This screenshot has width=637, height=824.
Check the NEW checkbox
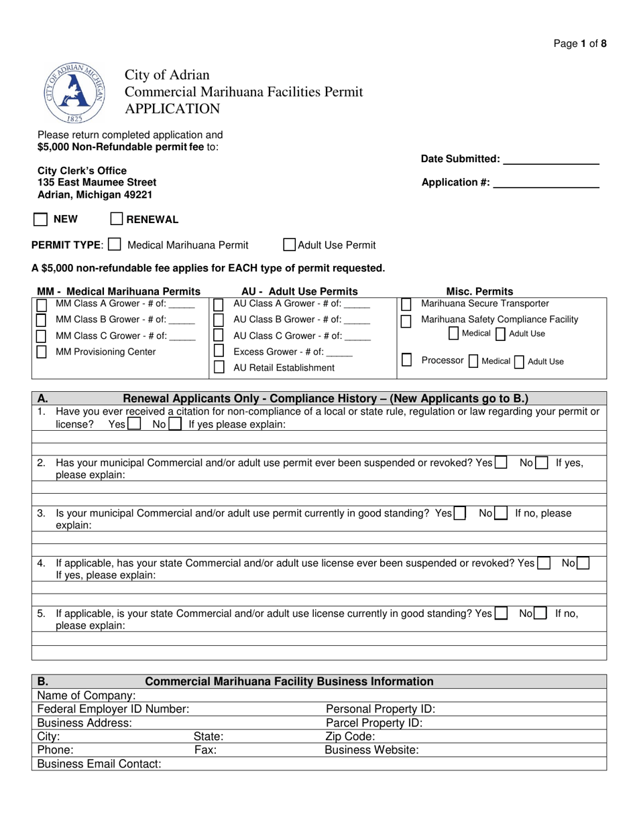(41, 219)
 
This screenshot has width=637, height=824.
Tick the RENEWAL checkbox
(117, 219)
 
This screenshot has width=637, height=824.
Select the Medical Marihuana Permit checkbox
(115, 245)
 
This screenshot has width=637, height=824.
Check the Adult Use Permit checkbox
(290, 245)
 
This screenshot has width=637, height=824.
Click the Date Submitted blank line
(551, 159)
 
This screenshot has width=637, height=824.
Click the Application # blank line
(546, 183)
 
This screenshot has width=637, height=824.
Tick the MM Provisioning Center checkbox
(42, 352)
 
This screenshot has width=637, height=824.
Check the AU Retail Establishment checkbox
(219, 367)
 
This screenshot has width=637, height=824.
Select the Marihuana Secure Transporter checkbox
(406, 305)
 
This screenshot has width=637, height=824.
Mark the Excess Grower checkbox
(219, 351)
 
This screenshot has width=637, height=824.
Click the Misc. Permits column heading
(479, 291)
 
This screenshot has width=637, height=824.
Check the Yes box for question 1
(134, 424)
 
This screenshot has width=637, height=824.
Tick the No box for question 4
(583, 563)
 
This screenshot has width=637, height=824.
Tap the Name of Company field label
(86, 696)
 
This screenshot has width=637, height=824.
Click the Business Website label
(371, 750)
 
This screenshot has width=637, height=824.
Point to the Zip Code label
(350, 737)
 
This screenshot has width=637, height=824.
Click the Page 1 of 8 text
(580, 44)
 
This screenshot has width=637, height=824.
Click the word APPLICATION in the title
(172, 109)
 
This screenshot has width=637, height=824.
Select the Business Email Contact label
(99, 764)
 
